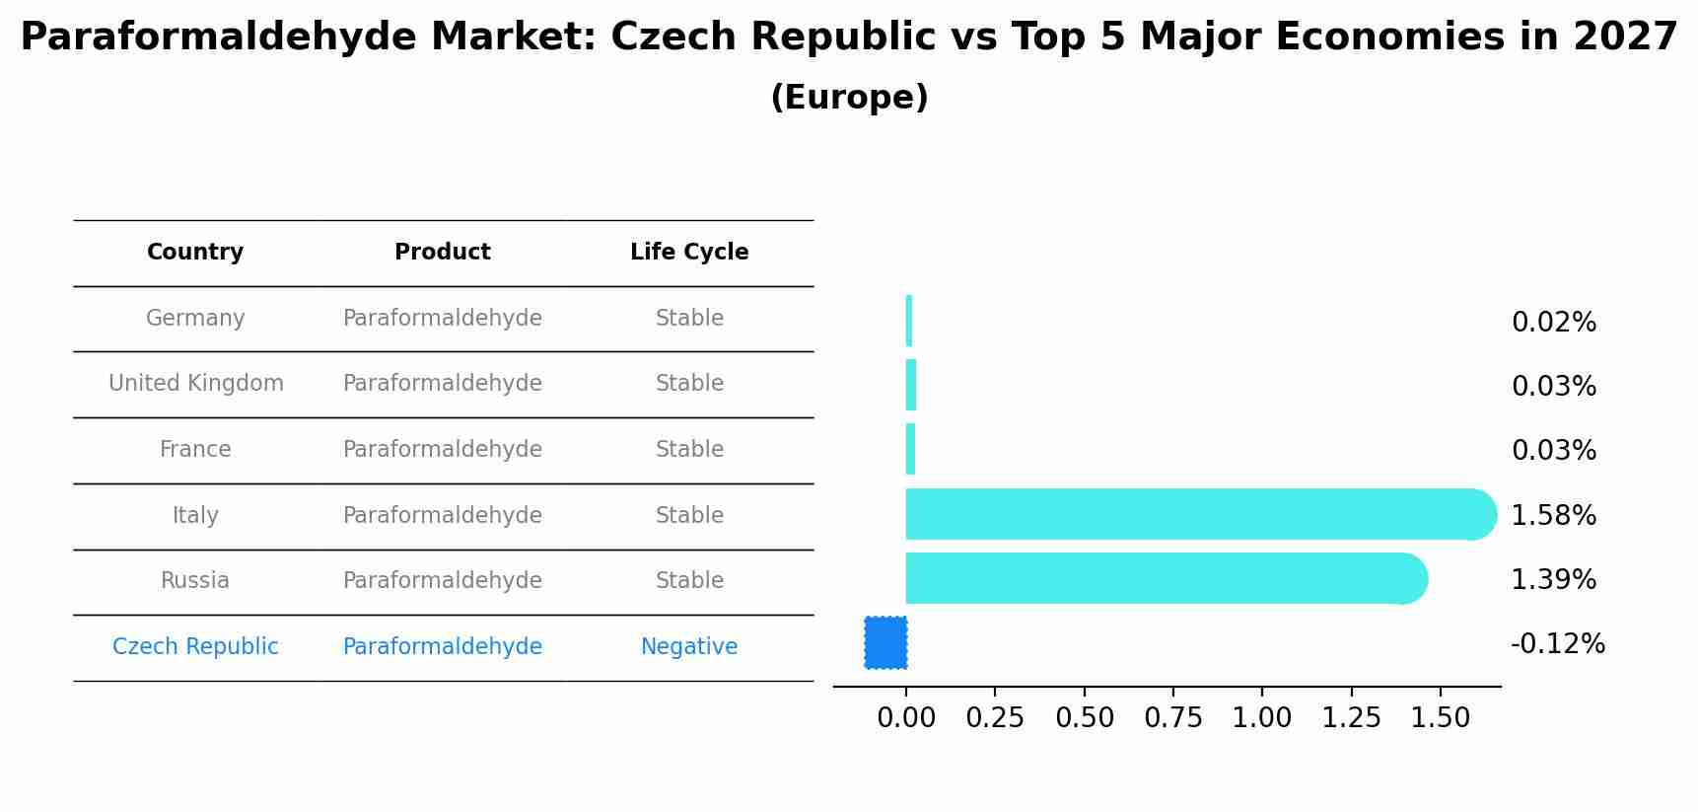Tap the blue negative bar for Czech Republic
(885, 642)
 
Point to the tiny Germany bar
(909, 321)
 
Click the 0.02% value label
(1553, 323)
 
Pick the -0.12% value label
(1557, 644)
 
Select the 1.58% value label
(1553, 515)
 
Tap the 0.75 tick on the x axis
(1173, 717)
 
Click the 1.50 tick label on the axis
(1440, 717)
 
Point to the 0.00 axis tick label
(905, 717)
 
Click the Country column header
(195, 253)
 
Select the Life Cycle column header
(689, 253)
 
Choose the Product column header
(442, 253)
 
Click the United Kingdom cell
(195, 383)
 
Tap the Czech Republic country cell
(195, 646)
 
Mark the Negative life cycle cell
(689, 646)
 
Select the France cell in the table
(195, 449)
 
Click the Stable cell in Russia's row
(689, 580)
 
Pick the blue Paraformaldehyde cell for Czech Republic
(442, 646)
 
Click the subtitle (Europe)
(849, 98)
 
